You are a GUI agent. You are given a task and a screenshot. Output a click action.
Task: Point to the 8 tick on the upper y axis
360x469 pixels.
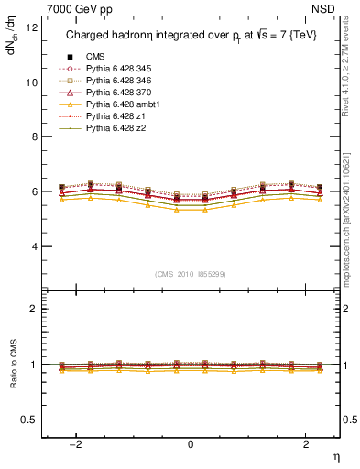click(x=34, y=136)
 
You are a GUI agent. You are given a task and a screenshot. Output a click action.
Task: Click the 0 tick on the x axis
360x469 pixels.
click(x=191, y=444)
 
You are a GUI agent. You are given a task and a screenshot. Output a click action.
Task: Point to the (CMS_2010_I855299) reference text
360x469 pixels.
click(x=191, y=273)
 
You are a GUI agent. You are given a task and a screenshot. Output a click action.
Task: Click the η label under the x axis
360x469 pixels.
click(x=334, y=455)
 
